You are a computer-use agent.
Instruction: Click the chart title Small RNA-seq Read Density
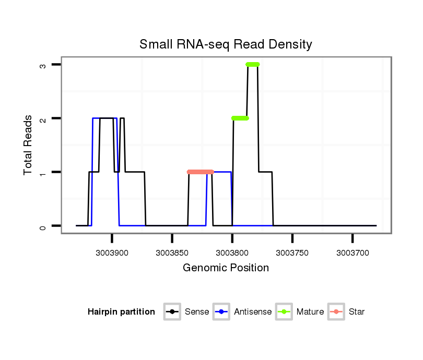tap(226, 44)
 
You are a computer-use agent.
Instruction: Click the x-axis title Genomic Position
tap(226, 268)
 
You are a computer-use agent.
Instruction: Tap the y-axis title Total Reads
tap(28, 145)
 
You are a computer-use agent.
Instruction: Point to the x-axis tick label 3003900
tap(112, 253)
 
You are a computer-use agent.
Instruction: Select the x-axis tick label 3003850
tap(172, 253)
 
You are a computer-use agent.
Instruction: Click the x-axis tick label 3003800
tap(232, 253)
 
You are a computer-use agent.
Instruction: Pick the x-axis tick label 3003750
tap(292, 253)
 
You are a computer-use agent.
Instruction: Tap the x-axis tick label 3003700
tap(352, 253)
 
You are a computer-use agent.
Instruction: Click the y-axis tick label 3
tap(43, 65)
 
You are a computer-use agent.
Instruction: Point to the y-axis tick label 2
tap(43, 118)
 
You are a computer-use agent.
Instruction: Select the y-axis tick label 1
tap(43, 172)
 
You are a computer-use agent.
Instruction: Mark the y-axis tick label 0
tap(43, 226)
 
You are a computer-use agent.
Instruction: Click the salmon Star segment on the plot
tap(201, 172)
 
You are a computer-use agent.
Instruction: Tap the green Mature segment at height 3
tap(253, 64)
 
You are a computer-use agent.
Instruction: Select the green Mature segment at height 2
tap(240, 118)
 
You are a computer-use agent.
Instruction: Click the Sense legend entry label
tap(197, 312)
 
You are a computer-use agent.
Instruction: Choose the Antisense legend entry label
tap(253, 312)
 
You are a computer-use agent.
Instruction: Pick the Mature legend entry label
tap(310, 312)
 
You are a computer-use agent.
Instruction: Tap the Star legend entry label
tap(357, 312)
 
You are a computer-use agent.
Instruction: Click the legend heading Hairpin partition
tap(121, 312)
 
